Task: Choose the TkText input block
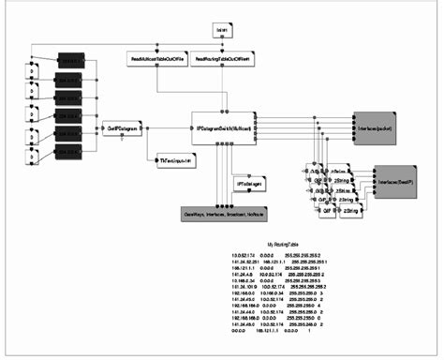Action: [x=177, y=161]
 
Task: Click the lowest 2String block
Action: [x=348, y=213]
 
